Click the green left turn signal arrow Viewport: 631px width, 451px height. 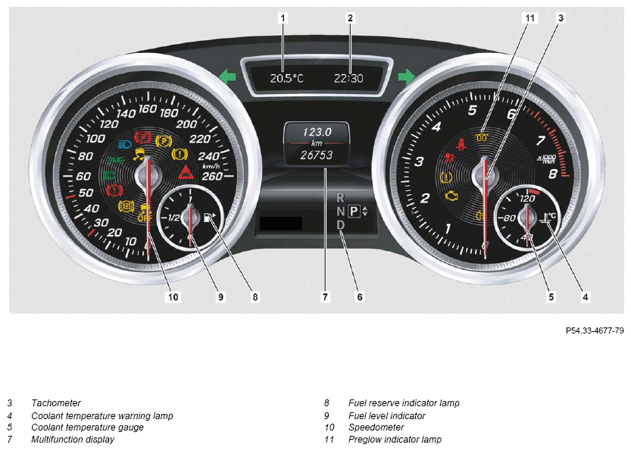[227, 76]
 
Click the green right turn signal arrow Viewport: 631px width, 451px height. [407, 76]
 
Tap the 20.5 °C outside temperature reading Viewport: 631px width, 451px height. [286, 78]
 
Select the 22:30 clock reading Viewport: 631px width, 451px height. [348, 78]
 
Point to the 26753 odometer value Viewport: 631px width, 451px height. [317, 155]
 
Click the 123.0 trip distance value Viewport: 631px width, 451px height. [317, 132]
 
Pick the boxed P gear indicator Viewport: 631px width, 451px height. [354, 211]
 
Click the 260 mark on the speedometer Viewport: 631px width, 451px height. [211, 176]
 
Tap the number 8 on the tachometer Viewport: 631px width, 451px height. [553, 174]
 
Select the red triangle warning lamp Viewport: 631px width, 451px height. [186, 172]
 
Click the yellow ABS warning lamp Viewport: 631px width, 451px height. [126, 207]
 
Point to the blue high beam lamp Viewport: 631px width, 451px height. [125, 144]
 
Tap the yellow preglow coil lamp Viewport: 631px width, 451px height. [482, 137]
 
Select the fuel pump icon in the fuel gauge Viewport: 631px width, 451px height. [209, 218]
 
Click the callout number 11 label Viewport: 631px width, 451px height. [530, 17]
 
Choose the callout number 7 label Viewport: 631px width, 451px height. [325, 297]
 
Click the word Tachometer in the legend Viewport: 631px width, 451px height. [56, 403]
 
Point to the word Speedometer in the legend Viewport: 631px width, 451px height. [376, 428]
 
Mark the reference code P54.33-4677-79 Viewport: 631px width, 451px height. [595, 330]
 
